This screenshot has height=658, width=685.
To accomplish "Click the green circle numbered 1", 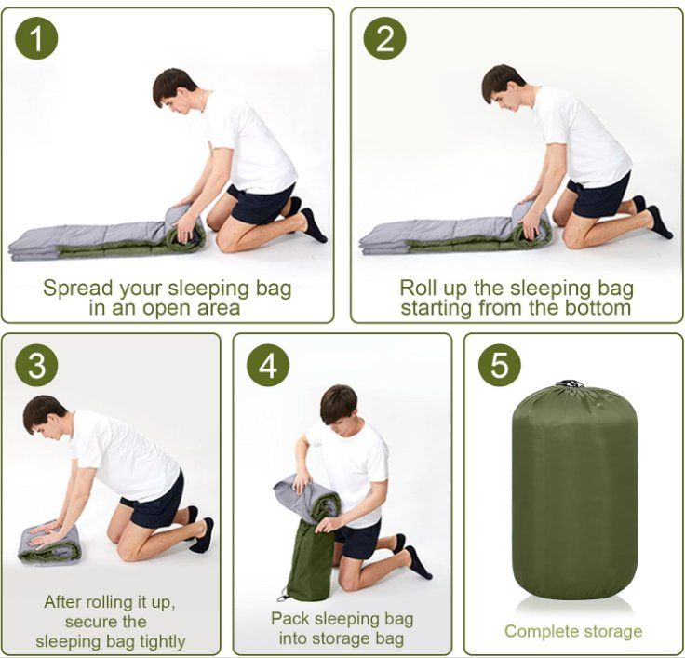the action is pyautogui.click(x=36, y=38).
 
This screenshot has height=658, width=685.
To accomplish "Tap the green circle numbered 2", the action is pyautogui.click(x=385, y=38).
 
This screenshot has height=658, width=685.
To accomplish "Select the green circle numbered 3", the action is pyautogui.click(x=36, y=365).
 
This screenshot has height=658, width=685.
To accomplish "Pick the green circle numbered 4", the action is pyautogui.click(x=268, y=365).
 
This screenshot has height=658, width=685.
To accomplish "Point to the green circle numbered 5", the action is pyautogui.click(x=500, y=365).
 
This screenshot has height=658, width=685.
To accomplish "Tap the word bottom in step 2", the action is pyautogui.click(x=600, y=308).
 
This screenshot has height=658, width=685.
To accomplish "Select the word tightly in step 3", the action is pyautogui.click(x=162, y=642).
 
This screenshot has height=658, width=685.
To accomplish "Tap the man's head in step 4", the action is pyautogui.click(x=339, y=407).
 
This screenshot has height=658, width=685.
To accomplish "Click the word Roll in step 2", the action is pyautogui.click(x=419, y=289).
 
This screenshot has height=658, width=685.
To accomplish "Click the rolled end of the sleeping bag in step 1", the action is pyautogui.click(x=185, y=228).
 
